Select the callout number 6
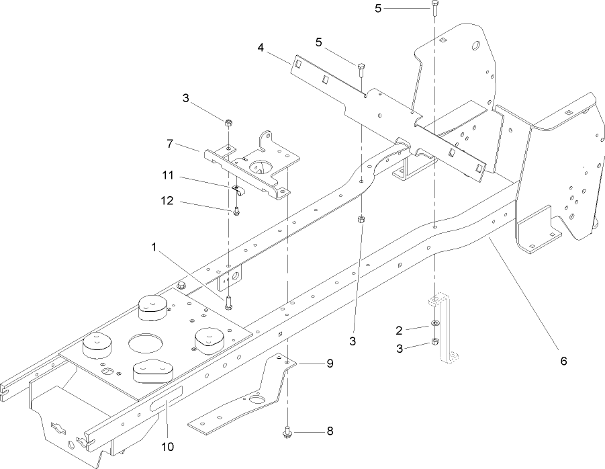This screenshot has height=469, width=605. pyautogui.click(x=563, y=361)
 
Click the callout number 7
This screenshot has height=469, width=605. pyautogui.click(x=171, y=143)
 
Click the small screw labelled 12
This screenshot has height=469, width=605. pyautogui.click(x=238, y=212)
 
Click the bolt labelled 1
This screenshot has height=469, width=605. pyautogui.click(x=229, y=301)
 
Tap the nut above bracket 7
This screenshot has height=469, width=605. pyautogui.click(x=228, y=123)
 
